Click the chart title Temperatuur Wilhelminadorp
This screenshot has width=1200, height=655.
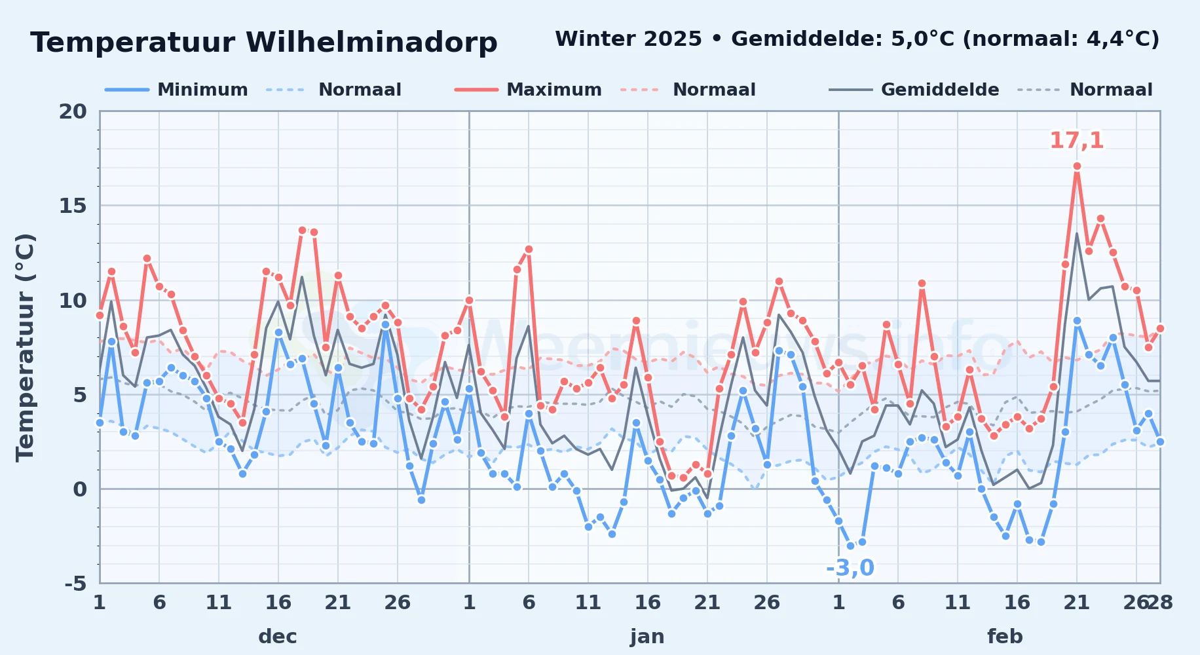(264, 43)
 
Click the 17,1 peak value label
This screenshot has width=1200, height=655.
(1077, 140)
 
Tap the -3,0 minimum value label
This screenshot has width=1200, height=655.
(850, 568)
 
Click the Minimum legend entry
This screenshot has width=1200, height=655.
(177, 90)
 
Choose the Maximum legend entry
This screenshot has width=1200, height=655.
(529, 90)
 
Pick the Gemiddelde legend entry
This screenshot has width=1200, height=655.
(914, 90)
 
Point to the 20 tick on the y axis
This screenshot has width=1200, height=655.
(73, 111)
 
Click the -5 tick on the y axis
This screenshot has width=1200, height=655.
(75, 584)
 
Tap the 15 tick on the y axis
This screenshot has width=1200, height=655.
(73, 206)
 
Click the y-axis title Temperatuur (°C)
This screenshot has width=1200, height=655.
(25, 347)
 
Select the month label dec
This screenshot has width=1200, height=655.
(278, 637)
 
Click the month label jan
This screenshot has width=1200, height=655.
(647, 637)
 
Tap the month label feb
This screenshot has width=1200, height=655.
(1005, 637)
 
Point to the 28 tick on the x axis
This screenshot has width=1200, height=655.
(1160, 602)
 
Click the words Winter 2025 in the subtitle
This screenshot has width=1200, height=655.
(629, 39)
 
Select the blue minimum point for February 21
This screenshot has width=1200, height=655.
(1077, 321)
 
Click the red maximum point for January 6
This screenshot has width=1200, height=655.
(529, 250)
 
